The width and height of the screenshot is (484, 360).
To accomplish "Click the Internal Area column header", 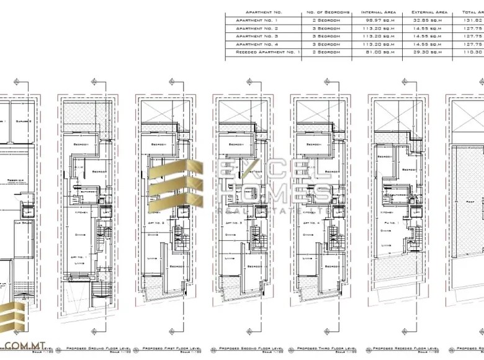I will pos(379,12).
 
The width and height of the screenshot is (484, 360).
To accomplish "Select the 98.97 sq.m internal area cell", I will pos(379,20).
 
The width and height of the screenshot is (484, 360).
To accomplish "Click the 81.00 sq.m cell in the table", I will pos(379,52).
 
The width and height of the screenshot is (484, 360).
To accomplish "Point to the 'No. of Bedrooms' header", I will pos(328,12).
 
